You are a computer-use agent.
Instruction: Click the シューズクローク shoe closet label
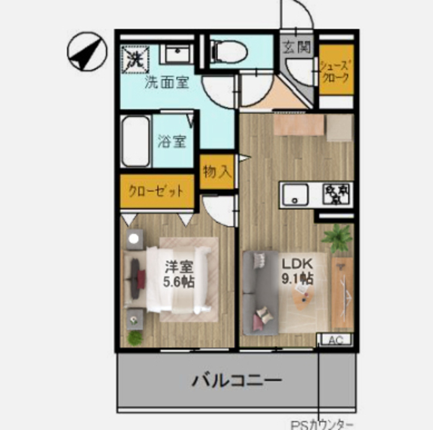(336, 70)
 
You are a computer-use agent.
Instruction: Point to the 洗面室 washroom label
(166, 83)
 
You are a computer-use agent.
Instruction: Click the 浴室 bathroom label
(171, 141)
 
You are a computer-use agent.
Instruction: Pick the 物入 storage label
(216, 172)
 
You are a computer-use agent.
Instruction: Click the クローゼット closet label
(156, 191)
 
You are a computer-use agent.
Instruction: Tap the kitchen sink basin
(296, 195)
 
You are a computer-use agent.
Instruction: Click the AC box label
(335, 340)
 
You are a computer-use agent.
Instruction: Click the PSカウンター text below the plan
(322, 424)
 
